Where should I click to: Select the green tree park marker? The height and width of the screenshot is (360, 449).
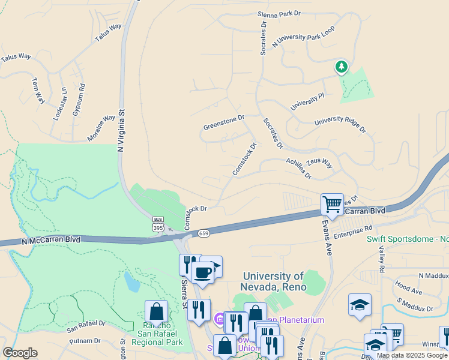[342, 67]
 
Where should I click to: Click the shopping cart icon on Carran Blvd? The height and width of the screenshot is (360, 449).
[332, 204]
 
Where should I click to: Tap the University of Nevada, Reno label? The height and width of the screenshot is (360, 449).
[273, 281]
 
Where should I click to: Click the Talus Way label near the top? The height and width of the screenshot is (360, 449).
[108, 33]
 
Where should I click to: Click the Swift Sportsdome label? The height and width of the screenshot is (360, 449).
[407, 239]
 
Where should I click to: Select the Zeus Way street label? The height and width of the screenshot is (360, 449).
[319, 163]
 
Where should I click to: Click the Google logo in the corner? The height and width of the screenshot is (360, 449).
[20, 353]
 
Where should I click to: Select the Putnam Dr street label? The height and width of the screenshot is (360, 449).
[85, 341]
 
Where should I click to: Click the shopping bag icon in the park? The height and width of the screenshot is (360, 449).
[156, 312]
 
